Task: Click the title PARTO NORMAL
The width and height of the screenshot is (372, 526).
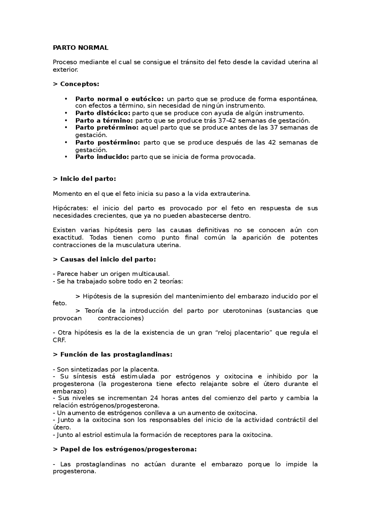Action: click(81, 48)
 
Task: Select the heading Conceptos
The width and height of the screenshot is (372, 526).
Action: click(79, 84)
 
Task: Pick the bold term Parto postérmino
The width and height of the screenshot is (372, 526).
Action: click(108, 143)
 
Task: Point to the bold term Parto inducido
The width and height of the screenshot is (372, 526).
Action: click(102, 157)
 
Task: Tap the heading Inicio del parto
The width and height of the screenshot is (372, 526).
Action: click(88, 179)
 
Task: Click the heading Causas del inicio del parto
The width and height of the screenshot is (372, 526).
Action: click(108, 259)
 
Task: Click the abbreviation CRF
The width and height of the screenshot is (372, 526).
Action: click(59, 340)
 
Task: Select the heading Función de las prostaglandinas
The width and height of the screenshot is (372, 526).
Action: click(116, 355)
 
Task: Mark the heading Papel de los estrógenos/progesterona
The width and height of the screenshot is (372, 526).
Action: click(128, 449)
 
